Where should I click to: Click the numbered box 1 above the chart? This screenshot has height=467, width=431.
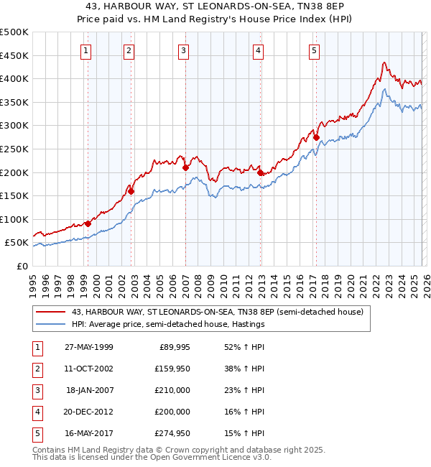(85, 50)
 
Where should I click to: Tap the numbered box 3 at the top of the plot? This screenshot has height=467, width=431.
(184, 50)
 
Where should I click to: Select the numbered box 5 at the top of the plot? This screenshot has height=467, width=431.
(315, 50)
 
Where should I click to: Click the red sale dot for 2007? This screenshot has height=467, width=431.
(185, 167)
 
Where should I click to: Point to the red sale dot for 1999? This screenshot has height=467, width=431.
(88, 223)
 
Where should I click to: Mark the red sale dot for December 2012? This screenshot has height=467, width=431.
(260, 172)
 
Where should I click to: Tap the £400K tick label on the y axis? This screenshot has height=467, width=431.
(14, 79)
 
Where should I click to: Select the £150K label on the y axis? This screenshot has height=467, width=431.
(14, 195)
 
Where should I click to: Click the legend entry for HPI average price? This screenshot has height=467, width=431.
(168, 324)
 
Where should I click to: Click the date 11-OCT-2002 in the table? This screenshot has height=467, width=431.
(88, 369)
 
